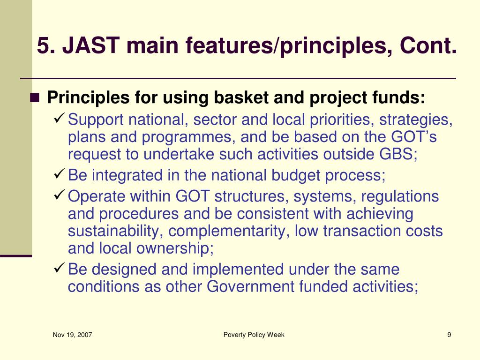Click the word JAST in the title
tap(91, 45)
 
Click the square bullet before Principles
tap(35, 97)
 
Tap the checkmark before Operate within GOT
tap(59, 195)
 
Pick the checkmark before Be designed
tap(59, 268)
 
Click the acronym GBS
tap(398, 154)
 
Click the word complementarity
tap(229, 232)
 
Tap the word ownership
tap(175, 248)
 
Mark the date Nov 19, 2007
tap(72, 335)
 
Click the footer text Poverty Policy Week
tap(254, 335)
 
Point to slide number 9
tap(449, 335)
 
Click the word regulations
tap(400, 196)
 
